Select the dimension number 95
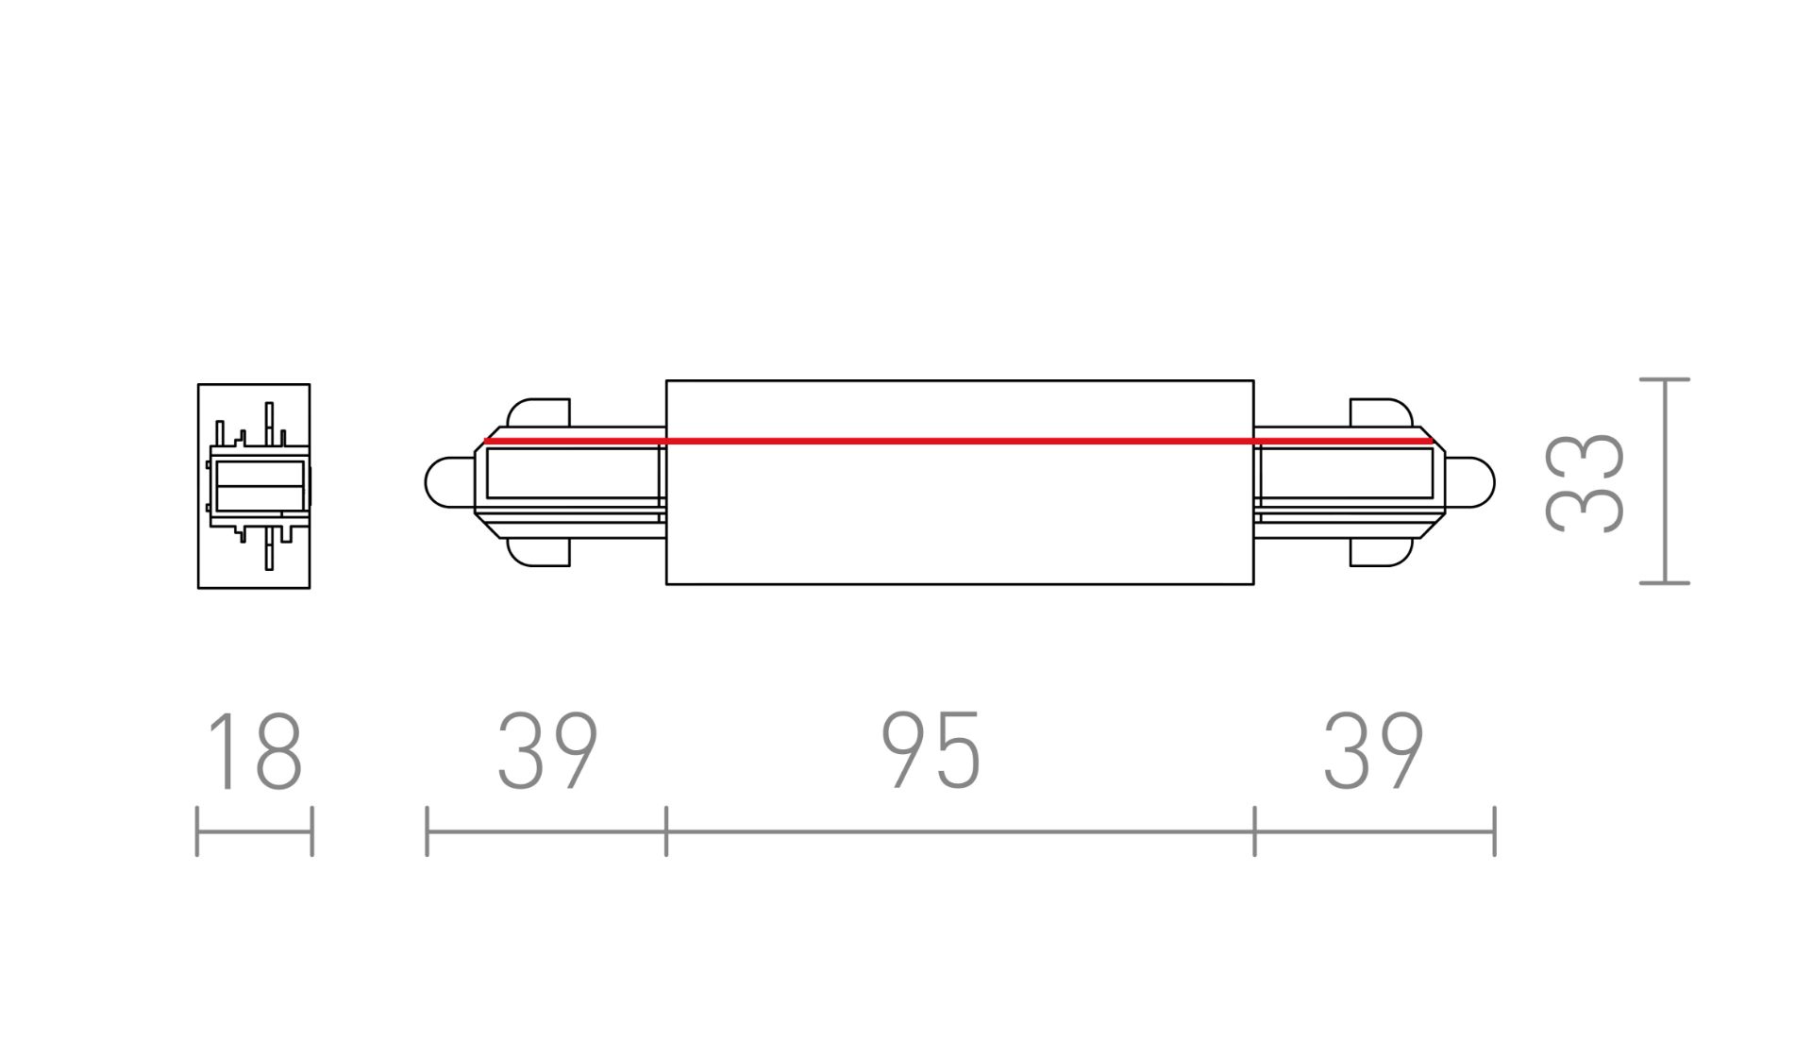tap(931, 752)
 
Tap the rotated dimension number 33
tap(1585, 483)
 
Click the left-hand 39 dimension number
tap(547, 752)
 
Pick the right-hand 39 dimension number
tap(1373, 752)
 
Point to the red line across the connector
tap(958, 441)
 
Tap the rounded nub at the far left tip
tap(449, 482)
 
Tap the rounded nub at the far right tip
tap(1469, 482)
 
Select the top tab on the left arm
tap(539, 412)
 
